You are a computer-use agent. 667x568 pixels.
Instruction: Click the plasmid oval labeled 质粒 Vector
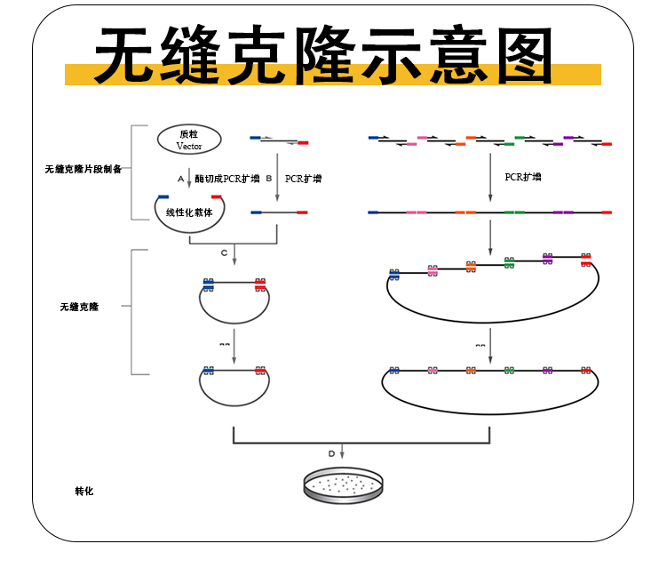pyautogui.click(x=189, y=139)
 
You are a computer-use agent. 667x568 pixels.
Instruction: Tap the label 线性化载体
pyautogui.click(x=189, y=213)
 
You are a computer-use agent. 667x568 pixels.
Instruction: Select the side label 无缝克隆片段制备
pyautogui.click(x=83, y=169)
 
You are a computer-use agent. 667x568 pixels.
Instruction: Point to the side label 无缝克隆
pyautogui.click(x=79, y=307)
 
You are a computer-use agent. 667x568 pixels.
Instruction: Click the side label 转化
pyautogui.click(x=84, y=491)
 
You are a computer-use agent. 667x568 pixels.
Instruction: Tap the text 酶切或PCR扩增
pyautogui.click(x=228, y=179)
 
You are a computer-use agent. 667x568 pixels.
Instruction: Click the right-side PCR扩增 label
pyautogui.click(x=523, y=178)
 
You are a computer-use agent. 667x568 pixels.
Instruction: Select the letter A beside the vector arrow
pyautogui.click(x=180, y=179)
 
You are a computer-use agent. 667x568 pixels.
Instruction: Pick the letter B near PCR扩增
pyautogui.click(x=268, y=179)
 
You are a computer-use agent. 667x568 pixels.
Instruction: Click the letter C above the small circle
pyautogui.click(x=225, y=253)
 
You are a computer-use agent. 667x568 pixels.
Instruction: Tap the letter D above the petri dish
pyautogui.click(x=332, y=453)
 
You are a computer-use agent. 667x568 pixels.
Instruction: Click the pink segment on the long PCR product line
pyautogui.click(x=416, y=213)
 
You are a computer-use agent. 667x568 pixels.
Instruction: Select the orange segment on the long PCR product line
pyautogui.click(x=465, y=213)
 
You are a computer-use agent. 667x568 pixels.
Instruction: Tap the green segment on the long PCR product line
pyautogui.click(x=514, y=213)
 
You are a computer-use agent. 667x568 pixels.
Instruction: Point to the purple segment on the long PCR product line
pyautogui.click(x=563, y=213)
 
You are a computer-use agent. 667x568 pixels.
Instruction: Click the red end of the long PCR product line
pyautogui.click(x=607, y=213)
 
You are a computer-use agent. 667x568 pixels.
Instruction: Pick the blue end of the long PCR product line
pyautogui.click(x=372, y=213)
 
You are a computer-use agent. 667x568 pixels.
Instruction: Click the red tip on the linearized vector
pyautogui.click(x=217, y=196)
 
